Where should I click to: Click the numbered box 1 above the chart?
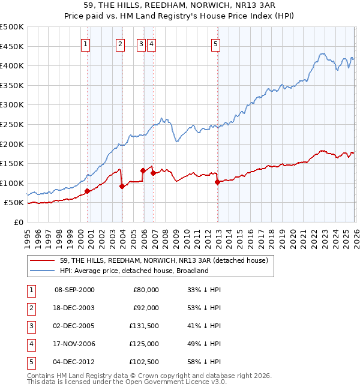(85, 43)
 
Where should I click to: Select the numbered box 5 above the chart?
(215, 43)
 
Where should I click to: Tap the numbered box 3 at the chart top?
(140, 43)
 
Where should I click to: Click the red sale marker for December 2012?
(217, 182)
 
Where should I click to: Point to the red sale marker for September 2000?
(87, 191)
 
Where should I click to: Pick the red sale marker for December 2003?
(122, 186)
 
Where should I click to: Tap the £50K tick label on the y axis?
(14, 203)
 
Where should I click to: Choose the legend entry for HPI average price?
(133, 271)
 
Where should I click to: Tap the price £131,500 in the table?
(144, 325)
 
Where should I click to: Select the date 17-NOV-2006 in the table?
(74, 343)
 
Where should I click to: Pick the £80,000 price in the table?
(146, 289)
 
